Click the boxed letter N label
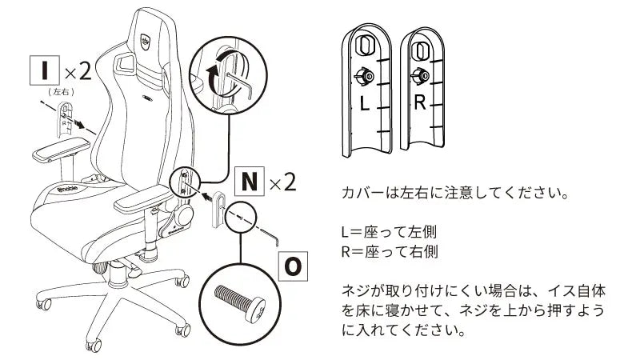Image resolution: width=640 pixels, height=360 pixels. click(247, 182)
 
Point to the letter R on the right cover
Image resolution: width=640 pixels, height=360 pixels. click(421, 104)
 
